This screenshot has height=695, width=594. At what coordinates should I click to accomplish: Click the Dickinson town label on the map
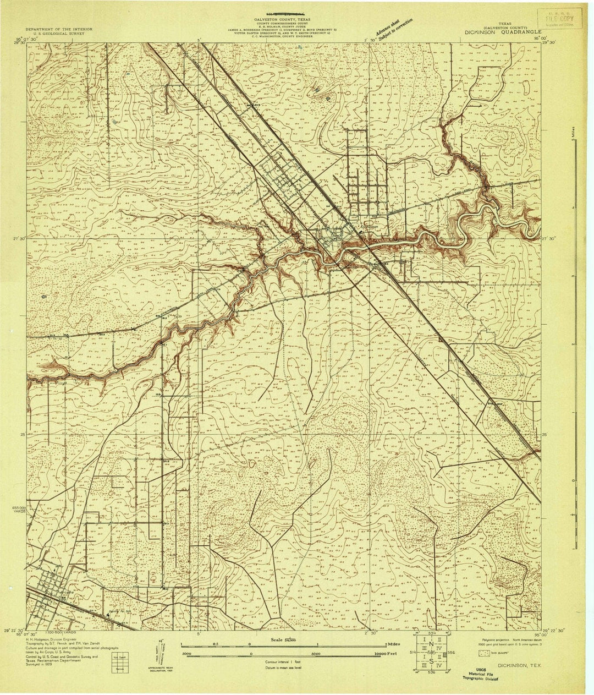coord(369,226)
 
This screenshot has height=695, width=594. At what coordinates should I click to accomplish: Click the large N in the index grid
coord(432,645)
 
